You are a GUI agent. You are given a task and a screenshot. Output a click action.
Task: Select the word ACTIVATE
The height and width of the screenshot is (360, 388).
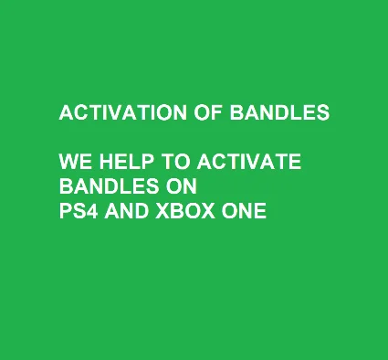244,163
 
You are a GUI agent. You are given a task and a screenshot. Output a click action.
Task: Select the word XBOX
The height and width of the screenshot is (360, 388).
183,212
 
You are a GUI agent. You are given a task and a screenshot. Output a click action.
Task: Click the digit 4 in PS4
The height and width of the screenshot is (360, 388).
91,212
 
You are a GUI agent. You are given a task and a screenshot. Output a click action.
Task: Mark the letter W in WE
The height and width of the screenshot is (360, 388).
68,163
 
